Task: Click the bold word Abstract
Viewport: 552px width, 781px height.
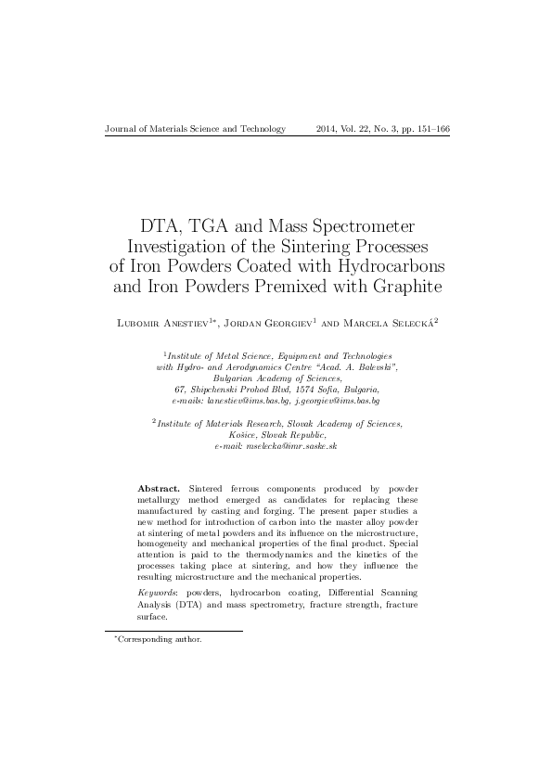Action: click(158, 488)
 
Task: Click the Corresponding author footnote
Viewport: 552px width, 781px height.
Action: click(160, 639)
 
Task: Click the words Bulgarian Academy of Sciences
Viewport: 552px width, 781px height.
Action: click(276, 378)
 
